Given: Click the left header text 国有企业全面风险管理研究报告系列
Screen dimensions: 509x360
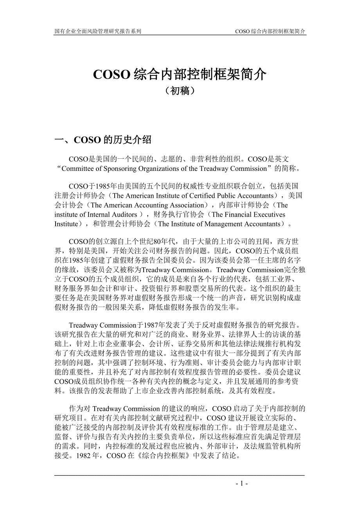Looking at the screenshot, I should [x=98, y=31].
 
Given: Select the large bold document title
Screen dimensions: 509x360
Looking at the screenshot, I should [x=180, y=75].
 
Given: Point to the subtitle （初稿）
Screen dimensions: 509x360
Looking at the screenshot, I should [x=180, y=91].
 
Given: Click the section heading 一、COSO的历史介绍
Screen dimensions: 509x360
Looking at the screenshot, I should [x=103, y=140].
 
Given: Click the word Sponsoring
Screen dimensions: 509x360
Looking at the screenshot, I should [x=127, y=169].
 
